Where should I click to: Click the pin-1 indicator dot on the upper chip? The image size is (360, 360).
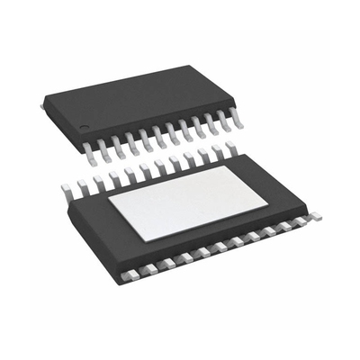pos(83,124)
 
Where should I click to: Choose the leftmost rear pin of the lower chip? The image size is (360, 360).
pos(66,187)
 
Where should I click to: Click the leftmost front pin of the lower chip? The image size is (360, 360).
pos(132,270)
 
